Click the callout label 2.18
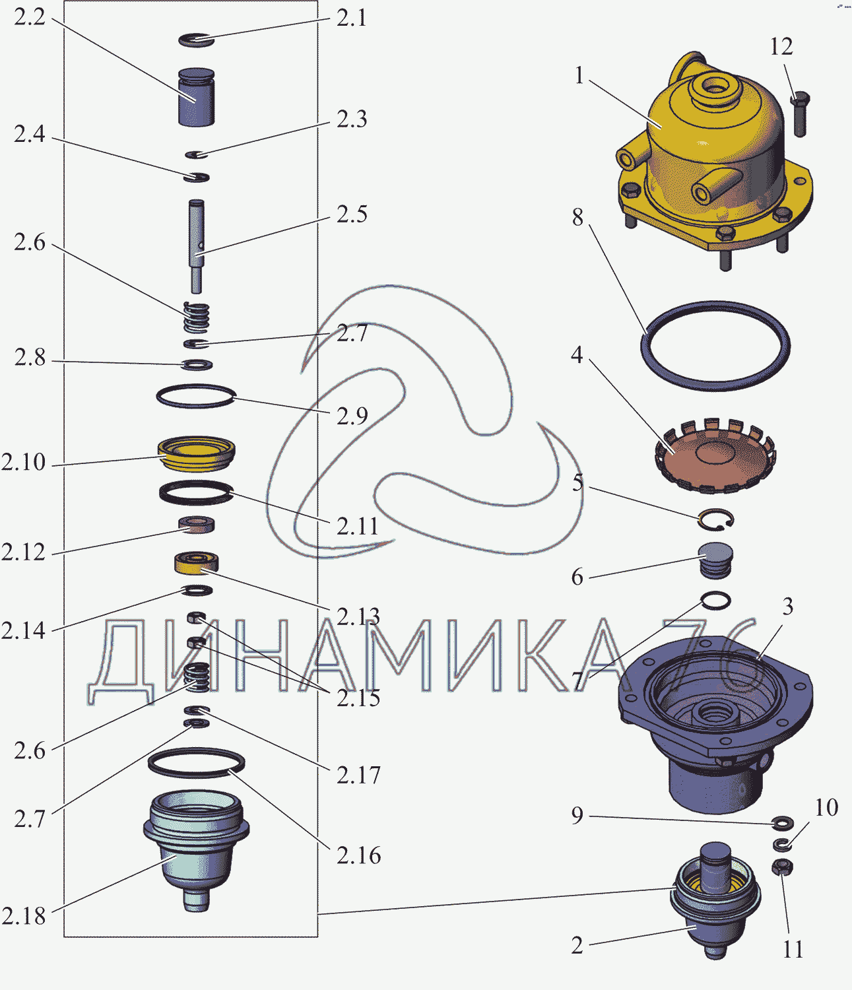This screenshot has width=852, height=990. click(24, 916)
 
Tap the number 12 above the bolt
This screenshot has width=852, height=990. click(781, 47)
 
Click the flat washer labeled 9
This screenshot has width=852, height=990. click(783, 823)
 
